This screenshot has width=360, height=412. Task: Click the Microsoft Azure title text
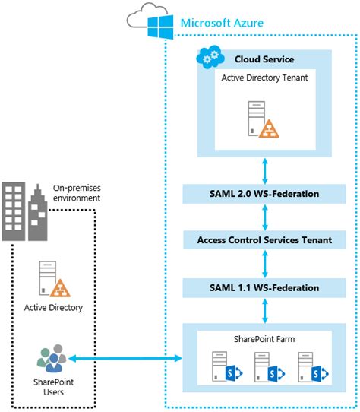(x=222, y=24)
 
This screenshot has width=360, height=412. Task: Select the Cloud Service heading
(x=264, y=59)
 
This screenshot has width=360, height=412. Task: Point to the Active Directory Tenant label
(x=264, y=78)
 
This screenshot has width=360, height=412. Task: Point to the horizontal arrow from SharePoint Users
(x=125, y=357)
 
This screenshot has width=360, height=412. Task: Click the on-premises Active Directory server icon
(x=52, y=280)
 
